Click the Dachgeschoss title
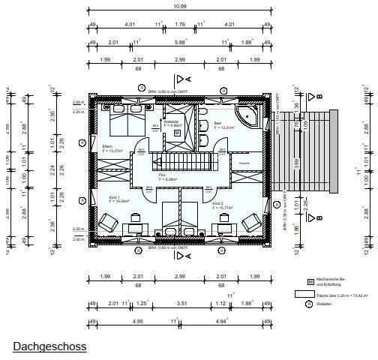click(x=49, y=346)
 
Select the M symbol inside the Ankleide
click(x=177, y=133)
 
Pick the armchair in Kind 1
click(x=107, y=222)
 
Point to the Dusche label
click(x=244, y=163)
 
